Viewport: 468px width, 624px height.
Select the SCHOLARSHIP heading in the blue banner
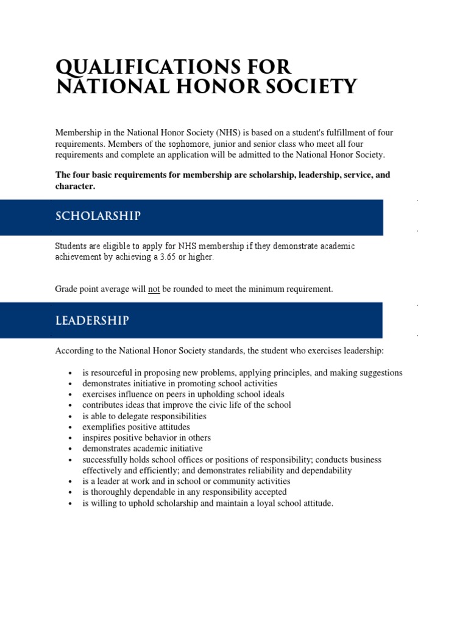coord(98,216)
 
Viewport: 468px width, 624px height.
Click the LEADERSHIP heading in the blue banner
coord(92,320)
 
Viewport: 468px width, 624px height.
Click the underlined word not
coord(154,289)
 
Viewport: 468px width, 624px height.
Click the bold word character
coord(74,186)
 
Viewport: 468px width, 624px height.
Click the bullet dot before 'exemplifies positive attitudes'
coord(71,428)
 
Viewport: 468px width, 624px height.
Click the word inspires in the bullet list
coord(97,438)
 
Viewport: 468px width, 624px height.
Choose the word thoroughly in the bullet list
coord(112,492)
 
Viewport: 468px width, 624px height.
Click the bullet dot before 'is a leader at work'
coord(71,482)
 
